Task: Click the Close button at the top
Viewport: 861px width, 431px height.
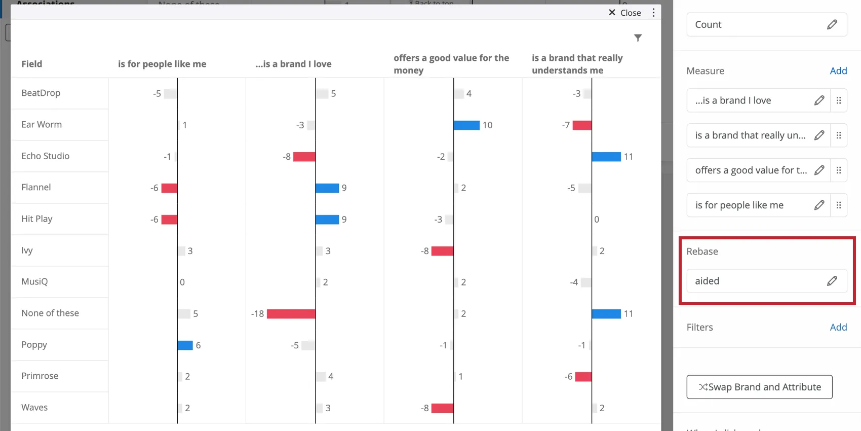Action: pos(625,13)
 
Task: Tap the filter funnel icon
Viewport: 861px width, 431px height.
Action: pos(638,38)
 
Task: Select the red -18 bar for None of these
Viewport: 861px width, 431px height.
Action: pos(291,314)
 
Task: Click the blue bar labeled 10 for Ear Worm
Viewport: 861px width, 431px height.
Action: pos(466,125)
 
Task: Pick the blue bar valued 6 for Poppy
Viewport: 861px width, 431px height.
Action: pos(185,345)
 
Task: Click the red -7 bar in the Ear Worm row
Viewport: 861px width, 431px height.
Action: pos(582,125)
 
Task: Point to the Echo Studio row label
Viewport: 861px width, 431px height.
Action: pos(46,156)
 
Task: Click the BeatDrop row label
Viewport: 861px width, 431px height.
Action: pos(41,93)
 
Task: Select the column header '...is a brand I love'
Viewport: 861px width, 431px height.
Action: pos(293,64)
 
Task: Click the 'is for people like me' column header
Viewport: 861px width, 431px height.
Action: pos(162,64)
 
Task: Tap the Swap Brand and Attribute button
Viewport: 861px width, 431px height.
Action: pos(759,387)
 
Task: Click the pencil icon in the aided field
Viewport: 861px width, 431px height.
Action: pos(832,281)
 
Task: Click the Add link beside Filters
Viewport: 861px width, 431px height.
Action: pos(838,328)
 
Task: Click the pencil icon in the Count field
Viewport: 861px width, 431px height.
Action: pos(832,24)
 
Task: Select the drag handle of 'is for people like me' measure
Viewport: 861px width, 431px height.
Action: pos(838,205)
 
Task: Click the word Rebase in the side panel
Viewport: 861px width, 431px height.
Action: pos(702,252)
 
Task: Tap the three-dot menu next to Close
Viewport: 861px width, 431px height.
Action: pos(653,13)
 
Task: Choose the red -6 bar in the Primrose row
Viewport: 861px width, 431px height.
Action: pos(583,377)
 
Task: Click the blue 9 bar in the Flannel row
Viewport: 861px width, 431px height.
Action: pos(327,188)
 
